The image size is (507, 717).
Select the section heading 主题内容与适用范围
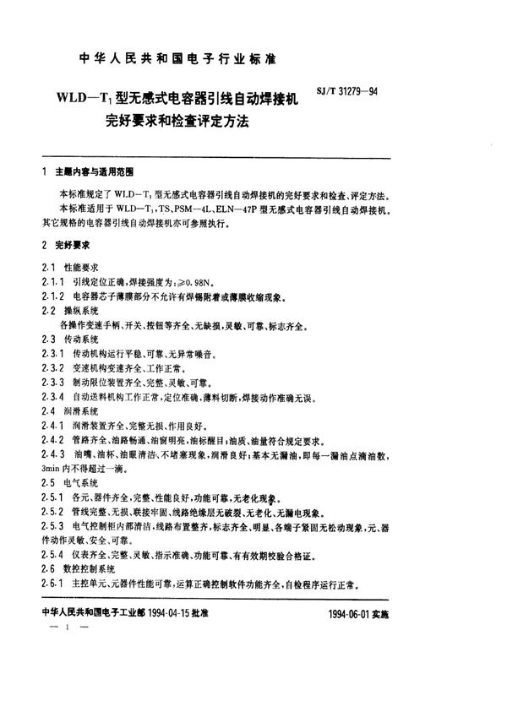[87, 171]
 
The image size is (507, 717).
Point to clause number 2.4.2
[53, 441]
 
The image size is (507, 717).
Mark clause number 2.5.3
[53, 526]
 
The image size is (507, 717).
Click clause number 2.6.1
[53, 584]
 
